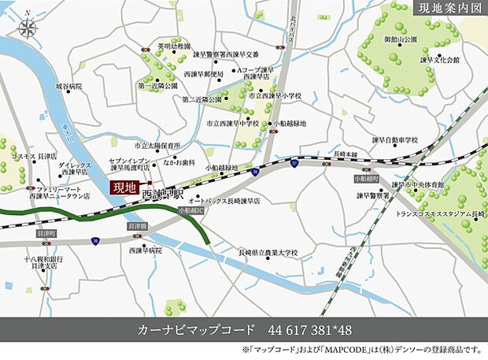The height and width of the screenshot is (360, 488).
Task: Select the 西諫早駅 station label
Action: [163, 193]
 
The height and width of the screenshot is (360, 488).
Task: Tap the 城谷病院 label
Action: [68, 85]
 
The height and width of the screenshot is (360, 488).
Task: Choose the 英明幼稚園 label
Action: [174, 47]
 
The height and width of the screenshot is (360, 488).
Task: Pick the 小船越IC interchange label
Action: [190, 211]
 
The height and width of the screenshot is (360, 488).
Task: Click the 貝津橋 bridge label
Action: [137, 226]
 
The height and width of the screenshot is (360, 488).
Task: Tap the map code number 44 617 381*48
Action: [308, 328]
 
